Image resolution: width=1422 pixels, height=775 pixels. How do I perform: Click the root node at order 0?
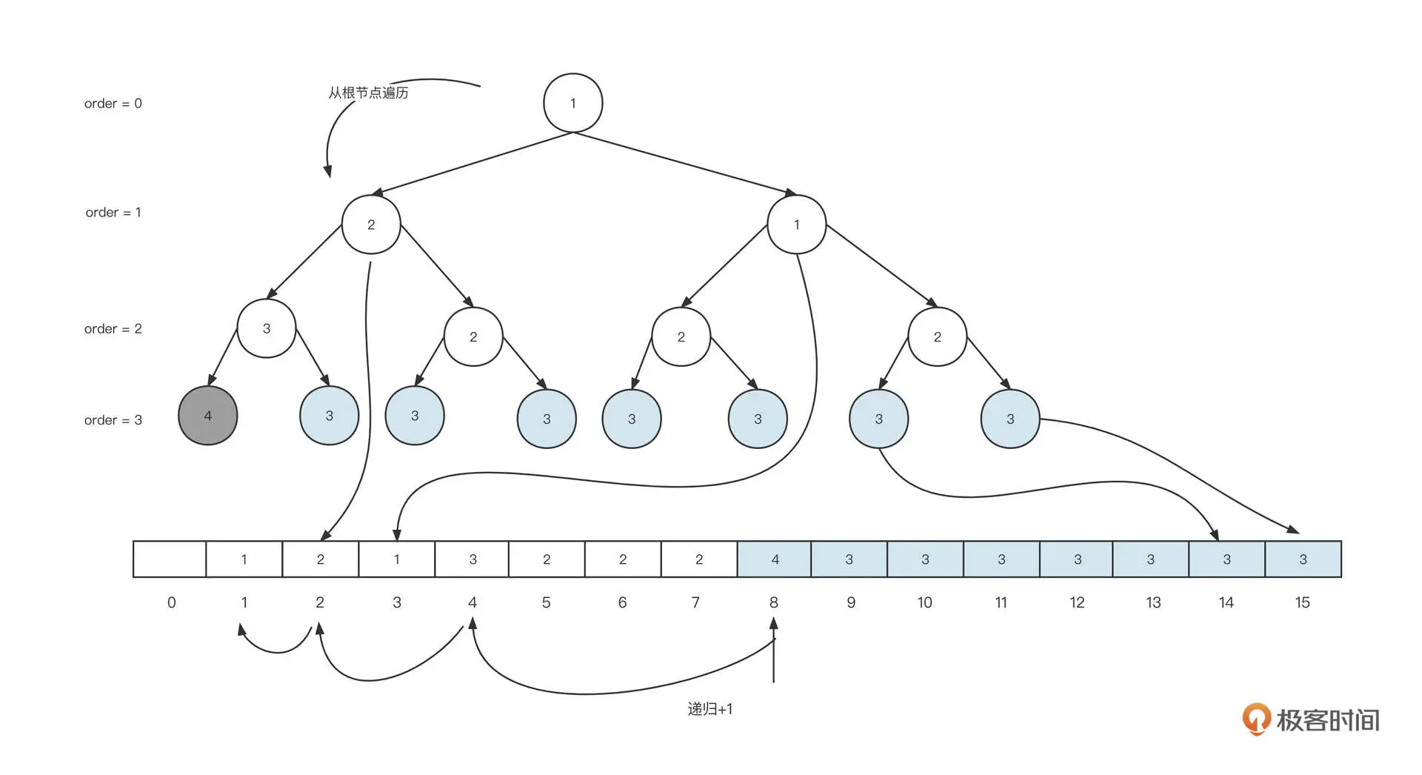573,103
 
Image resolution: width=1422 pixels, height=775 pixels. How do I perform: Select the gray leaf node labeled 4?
208,416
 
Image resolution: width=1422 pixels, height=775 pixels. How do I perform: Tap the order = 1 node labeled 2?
371,224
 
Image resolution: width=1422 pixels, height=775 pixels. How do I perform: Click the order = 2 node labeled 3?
267,328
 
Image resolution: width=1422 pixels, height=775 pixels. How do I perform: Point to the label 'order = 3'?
113,420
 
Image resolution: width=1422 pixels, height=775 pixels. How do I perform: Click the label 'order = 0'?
113,104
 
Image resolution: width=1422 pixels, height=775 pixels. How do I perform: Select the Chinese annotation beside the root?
368,93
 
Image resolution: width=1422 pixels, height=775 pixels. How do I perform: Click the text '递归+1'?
710,709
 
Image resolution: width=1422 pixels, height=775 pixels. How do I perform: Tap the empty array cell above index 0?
170,559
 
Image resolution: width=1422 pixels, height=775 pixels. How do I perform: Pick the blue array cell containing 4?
775,559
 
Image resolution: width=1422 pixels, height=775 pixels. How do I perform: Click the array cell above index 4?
473,559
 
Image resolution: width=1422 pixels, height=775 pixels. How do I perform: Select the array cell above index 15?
1303,559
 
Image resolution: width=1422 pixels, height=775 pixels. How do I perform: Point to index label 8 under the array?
773,602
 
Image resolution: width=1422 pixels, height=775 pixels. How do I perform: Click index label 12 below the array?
1077,602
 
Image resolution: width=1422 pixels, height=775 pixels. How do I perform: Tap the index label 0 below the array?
171,602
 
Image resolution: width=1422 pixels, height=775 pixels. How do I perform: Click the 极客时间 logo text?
1327,720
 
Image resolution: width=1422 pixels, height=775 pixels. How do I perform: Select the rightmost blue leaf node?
1010,419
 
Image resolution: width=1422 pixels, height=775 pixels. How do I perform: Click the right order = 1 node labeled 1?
796,224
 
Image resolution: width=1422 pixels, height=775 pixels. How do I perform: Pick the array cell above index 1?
244,559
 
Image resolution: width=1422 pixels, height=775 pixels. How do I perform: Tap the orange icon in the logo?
1256,719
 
